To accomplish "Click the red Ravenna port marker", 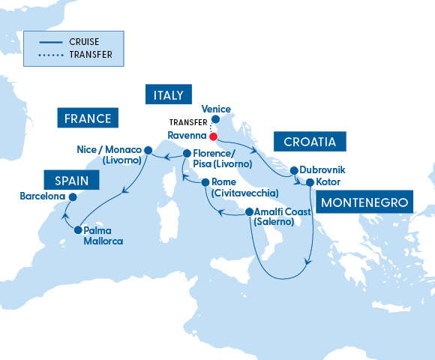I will (x=213, y=136).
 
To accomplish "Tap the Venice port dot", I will (x=215, y=118).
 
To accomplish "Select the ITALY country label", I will (x=165, y=94).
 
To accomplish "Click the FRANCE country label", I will (x=88, y=118).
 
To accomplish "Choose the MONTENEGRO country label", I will (x=365, y=202).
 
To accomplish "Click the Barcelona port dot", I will (x=73, y=197).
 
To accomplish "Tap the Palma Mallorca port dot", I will (x=78, y=231).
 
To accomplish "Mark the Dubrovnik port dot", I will (x=294, y=170).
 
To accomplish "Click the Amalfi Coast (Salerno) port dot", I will (x=248, y=212).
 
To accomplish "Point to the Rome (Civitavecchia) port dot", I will (x=204, y=182).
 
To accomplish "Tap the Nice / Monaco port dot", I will (x=148, y=149).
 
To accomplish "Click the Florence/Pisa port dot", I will (x=186, y=154).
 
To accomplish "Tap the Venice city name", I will (x=216, y=109).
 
